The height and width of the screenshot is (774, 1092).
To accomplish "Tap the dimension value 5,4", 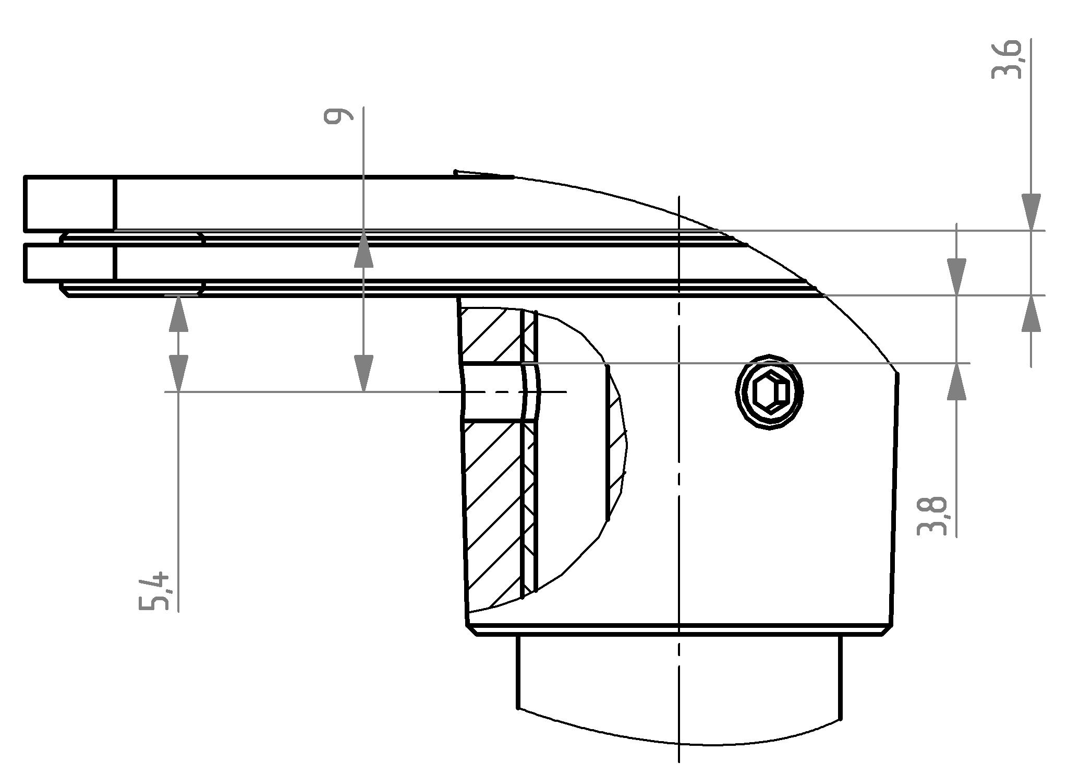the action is click(x=154, y=591).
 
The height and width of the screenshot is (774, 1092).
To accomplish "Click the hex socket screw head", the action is click(x=769, y=392).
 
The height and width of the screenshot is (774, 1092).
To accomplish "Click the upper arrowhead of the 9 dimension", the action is click(x=363, y=248).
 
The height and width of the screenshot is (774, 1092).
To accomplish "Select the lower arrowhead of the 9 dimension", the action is click(x=363, y=373).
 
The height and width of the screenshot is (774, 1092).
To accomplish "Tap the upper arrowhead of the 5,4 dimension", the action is click(x=178, y=314).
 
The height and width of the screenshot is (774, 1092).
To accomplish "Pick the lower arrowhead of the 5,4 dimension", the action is click(x=178, y=373).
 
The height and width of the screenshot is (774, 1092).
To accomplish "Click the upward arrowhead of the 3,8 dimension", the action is click(x=956, y=382).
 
